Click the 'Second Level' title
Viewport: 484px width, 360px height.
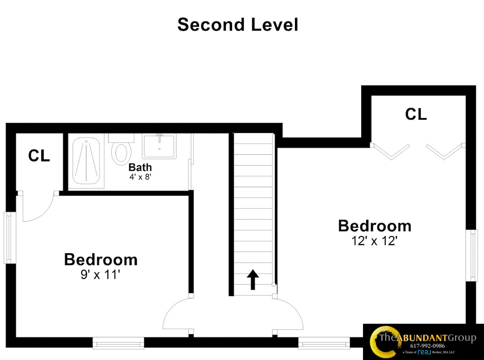(238, 25)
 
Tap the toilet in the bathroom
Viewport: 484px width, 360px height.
(121, 151)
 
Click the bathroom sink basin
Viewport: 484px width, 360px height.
(159, 146)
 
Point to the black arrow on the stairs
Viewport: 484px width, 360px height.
(253, 280)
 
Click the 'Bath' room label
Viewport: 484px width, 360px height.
(140, 167)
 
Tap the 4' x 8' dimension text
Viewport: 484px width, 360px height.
(140, 176)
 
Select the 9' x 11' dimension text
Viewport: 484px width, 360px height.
(100, 275)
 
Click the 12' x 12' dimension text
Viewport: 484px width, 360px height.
(374, 241)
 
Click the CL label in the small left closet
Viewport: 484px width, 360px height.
(39, 156)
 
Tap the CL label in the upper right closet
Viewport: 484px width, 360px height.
(416, 114)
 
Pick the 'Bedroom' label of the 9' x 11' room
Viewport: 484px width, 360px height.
(101, 260)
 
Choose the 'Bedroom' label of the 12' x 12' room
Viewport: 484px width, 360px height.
(375, 226)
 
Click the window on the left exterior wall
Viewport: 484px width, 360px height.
(10, 238)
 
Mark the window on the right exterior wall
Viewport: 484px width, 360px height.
(473, 255)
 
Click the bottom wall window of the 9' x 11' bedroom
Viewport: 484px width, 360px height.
(118, 343)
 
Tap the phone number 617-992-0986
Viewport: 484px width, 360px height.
(427, 346)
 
